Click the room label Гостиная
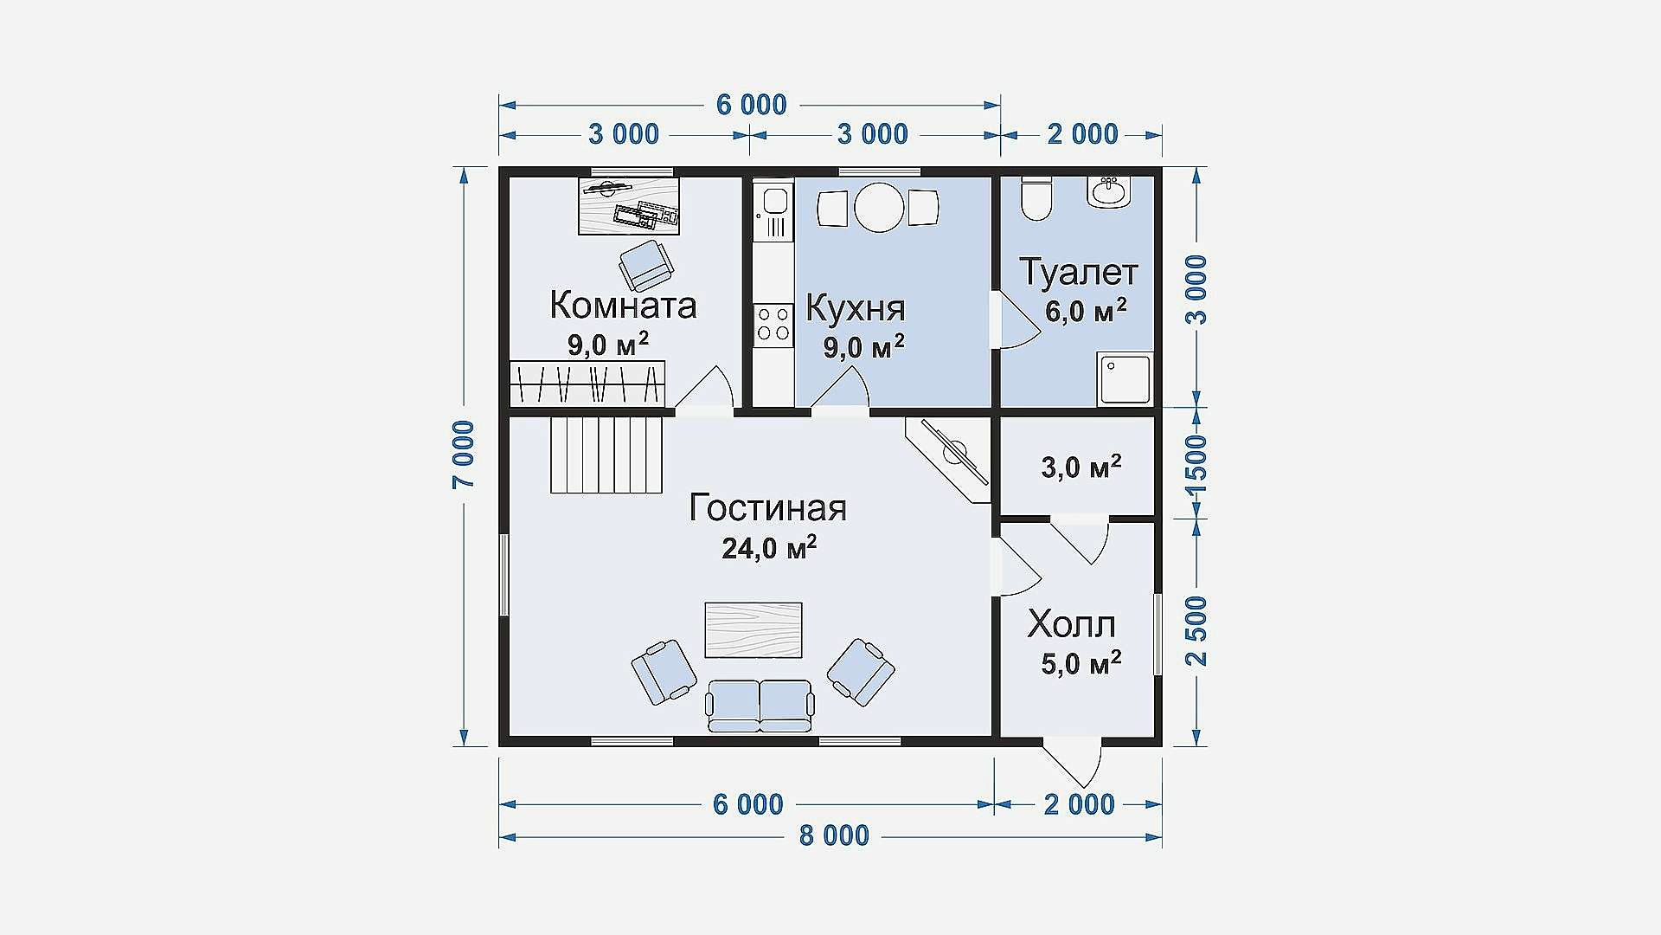click(767, 508)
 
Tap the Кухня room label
click(856, 308)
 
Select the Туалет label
click(1079, 272)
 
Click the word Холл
click(1071, 624)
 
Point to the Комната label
click(623, 306)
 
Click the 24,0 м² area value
click(769, 548)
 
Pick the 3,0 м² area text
click(1081, 467)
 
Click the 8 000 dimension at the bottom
click(834, 836)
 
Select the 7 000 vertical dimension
click(464, 455)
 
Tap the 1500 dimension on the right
click(1196, 464)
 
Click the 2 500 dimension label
click(1196, 630)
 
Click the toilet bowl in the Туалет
click(1036, 197)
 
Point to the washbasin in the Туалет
click(1109, 191)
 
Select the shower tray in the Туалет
click(1125, 378)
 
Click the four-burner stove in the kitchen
click(773, 324)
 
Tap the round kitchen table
click(879, 207)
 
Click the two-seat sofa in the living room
click(760, 705)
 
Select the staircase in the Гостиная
click(607, 455)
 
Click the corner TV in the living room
click(949, 460)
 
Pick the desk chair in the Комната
click(645, 266)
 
